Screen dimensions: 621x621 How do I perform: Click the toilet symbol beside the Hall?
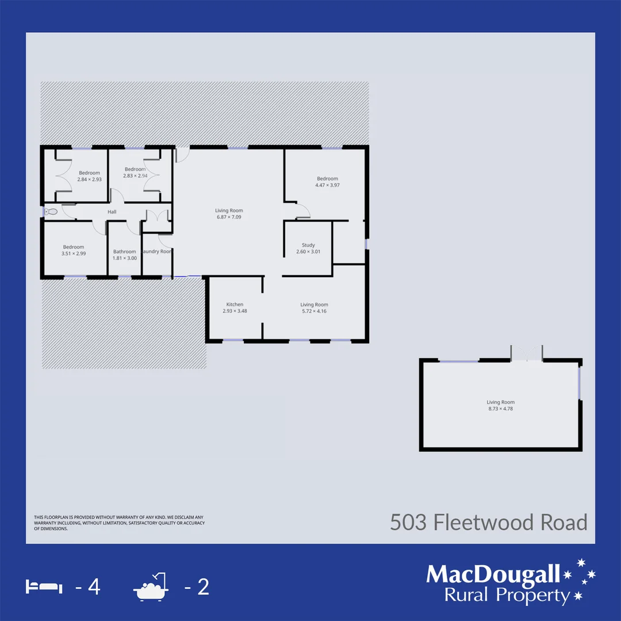click(x=52, y=212)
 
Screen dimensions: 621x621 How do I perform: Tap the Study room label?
click(x=308, y=245)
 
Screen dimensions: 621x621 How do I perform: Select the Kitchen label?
click(x=235, y=304)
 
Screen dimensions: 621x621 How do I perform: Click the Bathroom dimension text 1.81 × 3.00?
click(x=125, y=258)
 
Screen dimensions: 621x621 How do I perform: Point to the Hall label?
click(x=112, y=212)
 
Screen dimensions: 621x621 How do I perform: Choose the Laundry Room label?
click(x=157, y=251)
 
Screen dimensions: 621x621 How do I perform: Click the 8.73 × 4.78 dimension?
click(x=500, y=409)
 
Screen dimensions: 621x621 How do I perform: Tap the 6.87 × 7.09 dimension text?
click(x=229, y=217)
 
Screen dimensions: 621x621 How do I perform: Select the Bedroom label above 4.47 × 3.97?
click(x=327, y=179)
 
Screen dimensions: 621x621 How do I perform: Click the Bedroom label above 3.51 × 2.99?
click(x=74, y=247)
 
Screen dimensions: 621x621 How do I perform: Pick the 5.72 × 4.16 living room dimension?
click(x=314, y=311)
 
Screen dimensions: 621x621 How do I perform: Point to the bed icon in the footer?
click(x=44, y=587)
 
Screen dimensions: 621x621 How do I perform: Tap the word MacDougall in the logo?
click(x=493, y=574)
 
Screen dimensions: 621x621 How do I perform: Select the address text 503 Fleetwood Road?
click(x=489, y=523)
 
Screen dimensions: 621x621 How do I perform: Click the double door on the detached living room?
click(x=526, y=353)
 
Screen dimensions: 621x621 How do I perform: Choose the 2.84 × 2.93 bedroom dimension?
click(x=89, y=179)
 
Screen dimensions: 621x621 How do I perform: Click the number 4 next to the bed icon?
click(x=94, y=588)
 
